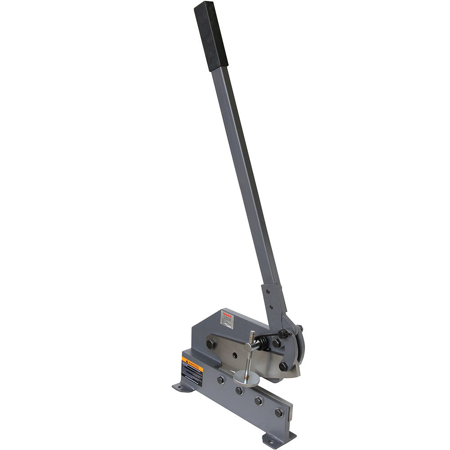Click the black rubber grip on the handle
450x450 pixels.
coord(211,36)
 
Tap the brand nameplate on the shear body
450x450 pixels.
coord(227,319)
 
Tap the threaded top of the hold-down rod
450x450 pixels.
coord(252,336)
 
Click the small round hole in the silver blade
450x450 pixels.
coord(234,355)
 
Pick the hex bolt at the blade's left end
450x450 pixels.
coord(210,344)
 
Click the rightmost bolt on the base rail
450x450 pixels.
coord(279,412)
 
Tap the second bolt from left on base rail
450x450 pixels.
coord(239,390)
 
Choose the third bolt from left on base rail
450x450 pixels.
coord(259,400)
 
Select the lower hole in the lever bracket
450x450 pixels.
coord(272,307)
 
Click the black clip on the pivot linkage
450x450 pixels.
coord(283,334)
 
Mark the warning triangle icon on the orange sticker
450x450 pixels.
coord(184,360)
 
